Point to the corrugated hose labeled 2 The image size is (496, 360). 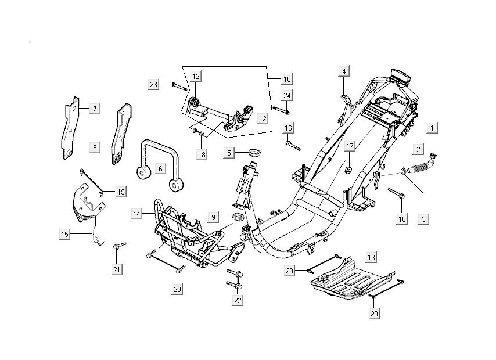click(x=419, y=169)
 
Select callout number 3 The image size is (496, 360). click(x=424, y=219)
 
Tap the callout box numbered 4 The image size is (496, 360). click(x=343, y=71)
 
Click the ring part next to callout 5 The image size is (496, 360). click(x=253, y=153)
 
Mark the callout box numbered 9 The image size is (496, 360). click(x=213, y=217)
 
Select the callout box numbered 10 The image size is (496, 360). click(x=287, y=78)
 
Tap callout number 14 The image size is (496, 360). click(x=136, y=214)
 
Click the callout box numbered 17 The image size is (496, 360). click(x=350, y=146)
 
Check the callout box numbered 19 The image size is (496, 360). click(x=120, y=192)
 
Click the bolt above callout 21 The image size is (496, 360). click(x=118, y=249)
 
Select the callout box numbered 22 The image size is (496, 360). click(x=238, y=300)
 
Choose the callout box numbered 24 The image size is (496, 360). click(x=287, y=95)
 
